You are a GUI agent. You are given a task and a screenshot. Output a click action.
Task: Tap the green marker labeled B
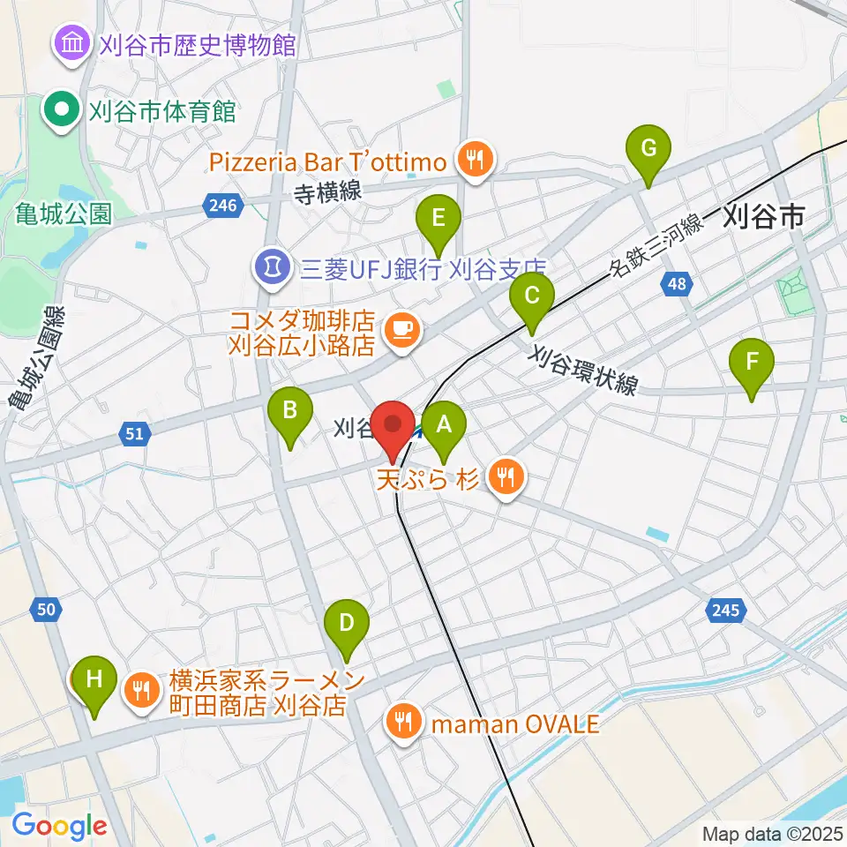(x=289, y=411)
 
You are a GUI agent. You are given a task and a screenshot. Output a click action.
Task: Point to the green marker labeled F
(x=752, y=363)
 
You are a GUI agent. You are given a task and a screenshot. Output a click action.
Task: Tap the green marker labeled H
(x=94, y=680)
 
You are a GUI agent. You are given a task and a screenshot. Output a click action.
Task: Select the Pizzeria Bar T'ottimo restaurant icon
(x=476, y=161)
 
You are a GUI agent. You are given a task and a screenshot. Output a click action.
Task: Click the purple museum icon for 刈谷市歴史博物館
(x=70, y=42)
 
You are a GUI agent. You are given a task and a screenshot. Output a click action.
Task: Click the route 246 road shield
(x=222, y=206)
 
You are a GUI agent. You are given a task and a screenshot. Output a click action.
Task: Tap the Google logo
(x=59, y=826)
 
